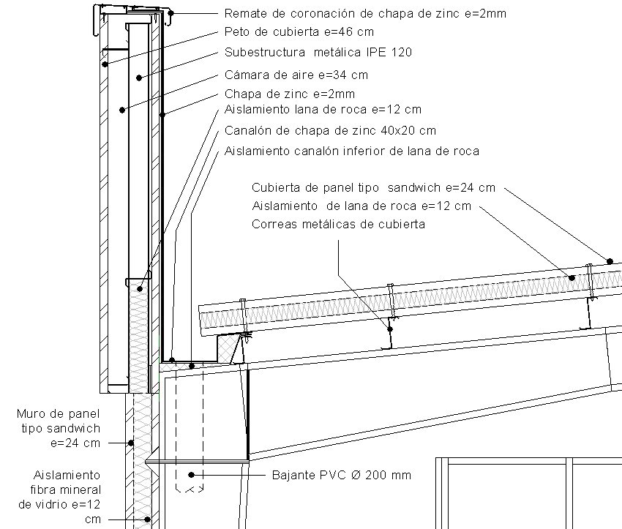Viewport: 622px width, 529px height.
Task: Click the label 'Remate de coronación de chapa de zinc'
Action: tap(364, 13)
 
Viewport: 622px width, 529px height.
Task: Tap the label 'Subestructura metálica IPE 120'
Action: tap(318, 52)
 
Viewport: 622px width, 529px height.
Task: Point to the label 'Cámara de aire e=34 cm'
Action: tap(296, 74)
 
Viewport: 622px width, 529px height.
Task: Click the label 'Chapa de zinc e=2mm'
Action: tap(289, 94)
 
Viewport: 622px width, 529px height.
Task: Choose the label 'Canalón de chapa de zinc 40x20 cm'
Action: tap(330, 130)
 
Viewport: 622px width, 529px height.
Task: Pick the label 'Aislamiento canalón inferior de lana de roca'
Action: tap(351, 151)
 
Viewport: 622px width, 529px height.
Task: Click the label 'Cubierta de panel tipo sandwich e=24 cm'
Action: tap(373, 187)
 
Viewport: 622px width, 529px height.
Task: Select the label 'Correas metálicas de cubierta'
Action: tap(338, 225)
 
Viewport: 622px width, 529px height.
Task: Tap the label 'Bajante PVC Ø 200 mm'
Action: tap(342, 475)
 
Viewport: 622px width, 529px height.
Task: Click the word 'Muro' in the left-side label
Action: tap(31, 414)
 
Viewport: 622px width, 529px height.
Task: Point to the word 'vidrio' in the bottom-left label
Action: tap(64, 505)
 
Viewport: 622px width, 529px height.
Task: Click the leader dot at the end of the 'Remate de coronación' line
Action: tap(171, 13)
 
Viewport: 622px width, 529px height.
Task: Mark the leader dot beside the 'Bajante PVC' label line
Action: tap(191, 475)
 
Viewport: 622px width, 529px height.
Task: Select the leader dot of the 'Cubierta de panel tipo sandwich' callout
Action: tap(609, 260)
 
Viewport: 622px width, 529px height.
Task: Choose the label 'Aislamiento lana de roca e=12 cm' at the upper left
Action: tap(323, 110)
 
